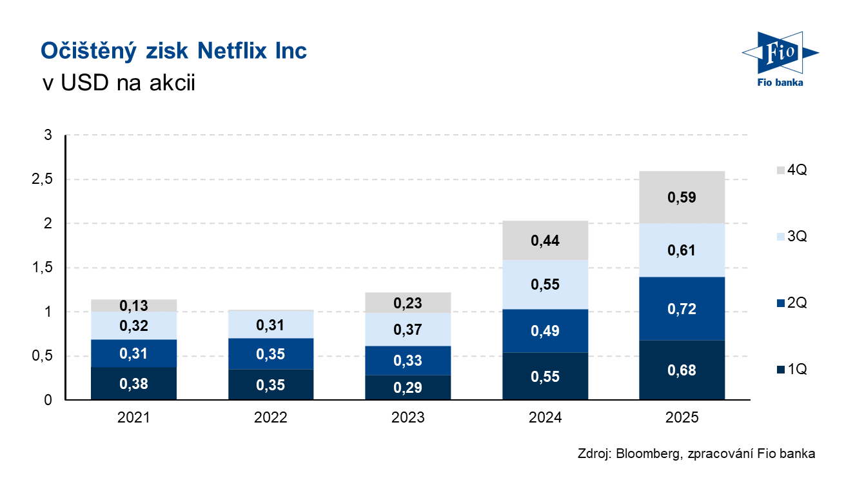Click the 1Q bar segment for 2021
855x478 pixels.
pyautogui.click(x=134, y=384)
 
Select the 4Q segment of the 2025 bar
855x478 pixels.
pyautogui.click(x=682, y=197)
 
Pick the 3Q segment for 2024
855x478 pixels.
pyautogui.click(x=545, y=284)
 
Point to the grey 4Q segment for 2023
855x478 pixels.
pyautogui.click(x=408, y=303)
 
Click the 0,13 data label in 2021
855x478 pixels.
pyautogui.click(x=134, y=306)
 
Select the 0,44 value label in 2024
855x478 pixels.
pyautogui.click(x=545, y=241)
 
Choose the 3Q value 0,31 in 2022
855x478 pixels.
pyautogui.click(x=271, y=326)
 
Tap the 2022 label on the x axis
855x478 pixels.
pyautogui.click(x=271, y=418)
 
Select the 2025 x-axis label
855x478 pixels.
pyautogui.click(x=682, y=418)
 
